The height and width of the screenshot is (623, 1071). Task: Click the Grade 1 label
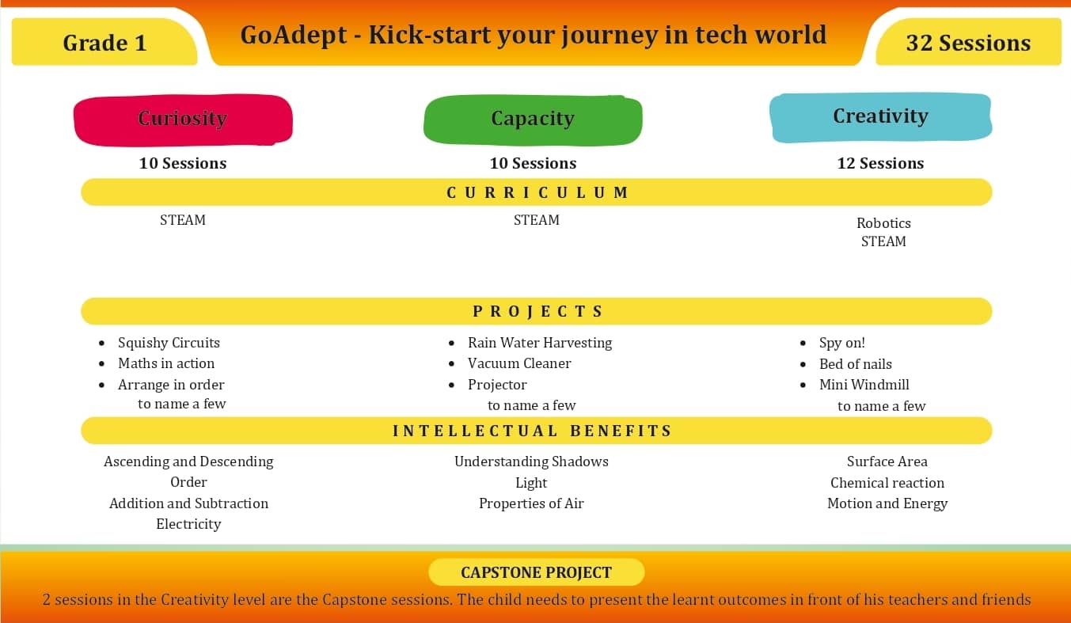[104, 43]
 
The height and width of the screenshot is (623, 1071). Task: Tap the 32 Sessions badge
[969, 43]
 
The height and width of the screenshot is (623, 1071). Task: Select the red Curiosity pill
[183, 120]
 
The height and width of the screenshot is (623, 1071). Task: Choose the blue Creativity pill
[881, 118]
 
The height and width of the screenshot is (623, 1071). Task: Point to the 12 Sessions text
[880, 164]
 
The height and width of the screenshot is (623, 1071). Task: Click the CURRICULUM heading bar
[537, 192]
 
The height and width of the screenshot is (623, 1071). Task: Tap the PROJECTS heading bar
[537, 311]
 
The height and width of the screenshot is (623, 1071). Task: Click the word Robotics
[883, 222]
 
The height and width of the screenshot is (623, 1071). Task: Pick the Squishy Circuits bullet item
[169, 343]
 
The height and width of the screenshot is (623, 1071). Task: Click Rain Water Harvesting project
[540, 343]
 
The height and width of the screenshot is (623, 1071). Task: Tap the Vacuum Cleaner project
[519, 363]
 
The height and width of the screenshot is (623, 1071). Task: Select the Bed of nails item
[856, 364]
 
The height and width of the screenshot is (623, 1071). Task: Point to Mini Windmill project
[864, 385]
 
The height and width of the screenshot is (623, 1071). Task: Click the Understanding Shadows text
[531, 462]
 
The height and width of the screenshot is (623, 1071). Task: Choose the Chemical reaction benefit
[887, 482]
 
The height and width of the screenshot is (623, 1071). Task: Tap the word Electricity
[188, 524]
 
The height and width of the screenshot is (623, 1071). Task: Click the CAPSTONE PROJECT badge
[537, 572]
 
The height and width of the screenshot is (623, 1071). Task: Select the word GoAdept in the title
[293, 36]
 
